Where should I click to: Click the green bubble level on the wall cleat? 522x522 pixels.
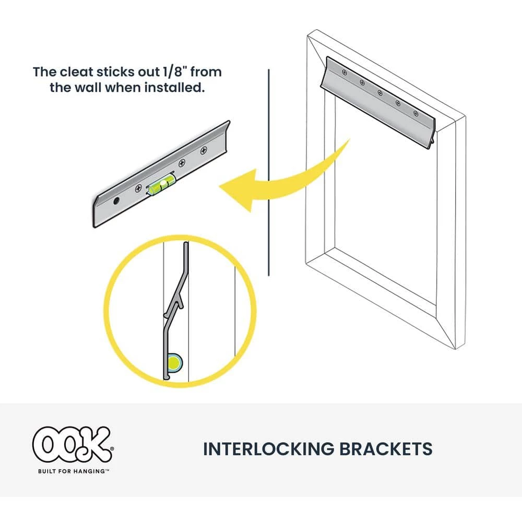161,184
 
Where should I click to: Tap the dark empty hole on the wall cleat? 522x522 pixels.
116,201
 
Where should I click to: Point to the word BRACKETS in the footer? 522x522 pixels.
386,449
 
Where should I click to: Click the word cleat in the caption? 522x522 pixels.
77,72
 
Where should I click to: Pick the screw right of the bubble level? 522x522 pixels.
182,163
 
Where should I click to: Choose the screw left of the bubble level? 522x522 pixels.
138,189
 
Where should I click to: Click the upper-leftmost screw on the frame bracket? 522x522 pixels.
344,72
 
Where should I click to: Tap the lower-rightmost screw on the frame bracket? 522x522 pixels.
416,113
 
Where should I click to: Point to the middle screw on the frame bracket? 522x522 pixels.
380,93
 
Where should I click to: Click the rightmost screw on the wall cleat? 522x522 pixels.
204,151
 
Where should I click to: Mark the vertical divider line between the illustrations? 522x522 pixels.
269,172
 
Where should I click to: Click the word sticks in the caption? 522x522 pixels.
116,72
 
